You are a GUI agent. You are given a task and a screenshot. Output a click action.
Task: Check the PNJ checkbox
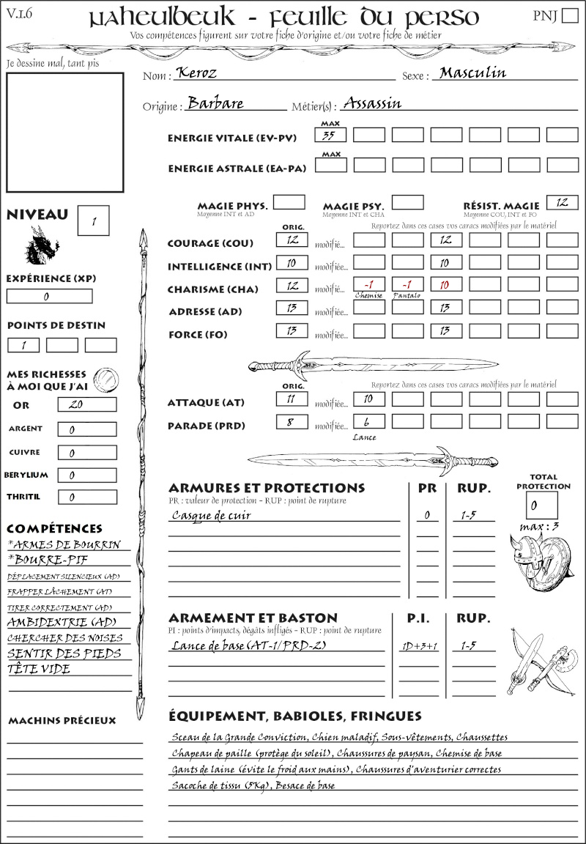pyautogui.click(x=568, y=17)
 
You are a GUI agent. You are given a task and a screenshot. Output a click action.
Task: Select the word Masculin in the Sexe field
pyautogui.click(x=472, y=73)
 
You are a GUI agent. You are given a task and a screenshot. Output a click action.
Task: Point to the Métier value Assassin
pyautogui.click(x=372, y=103)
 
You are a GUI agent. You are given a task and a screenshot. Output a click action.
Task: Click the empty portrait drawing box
pyautogui.click(x=64, y=132)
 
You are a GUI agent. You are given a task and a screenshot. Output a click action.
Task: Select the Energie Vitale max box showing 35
pyautogui.click(x=331, y=135)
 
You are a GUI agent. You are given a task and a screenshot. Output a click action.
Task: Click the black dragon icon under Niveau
pyautogui.click(x=42, y=246)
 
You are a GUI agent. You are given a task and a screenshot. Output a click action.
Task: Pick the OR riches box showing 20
pyautogui.click(x=86, y=404)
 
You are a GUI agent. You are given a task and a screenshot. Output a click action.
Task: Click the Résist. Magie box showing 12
pyautogui.click(x=562, y=202)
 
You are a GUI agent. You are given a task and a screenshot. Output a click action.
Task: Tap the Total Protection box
pyautogui.click(x=541, y=505)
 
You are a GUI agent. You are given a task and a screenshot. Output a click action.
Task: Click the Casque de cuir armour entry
pyautogui.click(x=212, y=515)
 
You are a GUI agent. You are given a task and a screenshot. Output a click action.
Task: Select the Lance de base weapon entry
pyautogui.click(x=248, y=645)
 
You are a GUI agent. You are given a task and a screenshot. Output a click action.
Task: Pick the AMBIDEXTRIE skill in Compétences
pyautogui.click(x=62, y=622)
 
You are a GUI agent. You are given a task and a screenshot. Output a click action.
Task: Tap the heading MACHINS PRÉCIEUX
pyautogui.click(x=62, y=721)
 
